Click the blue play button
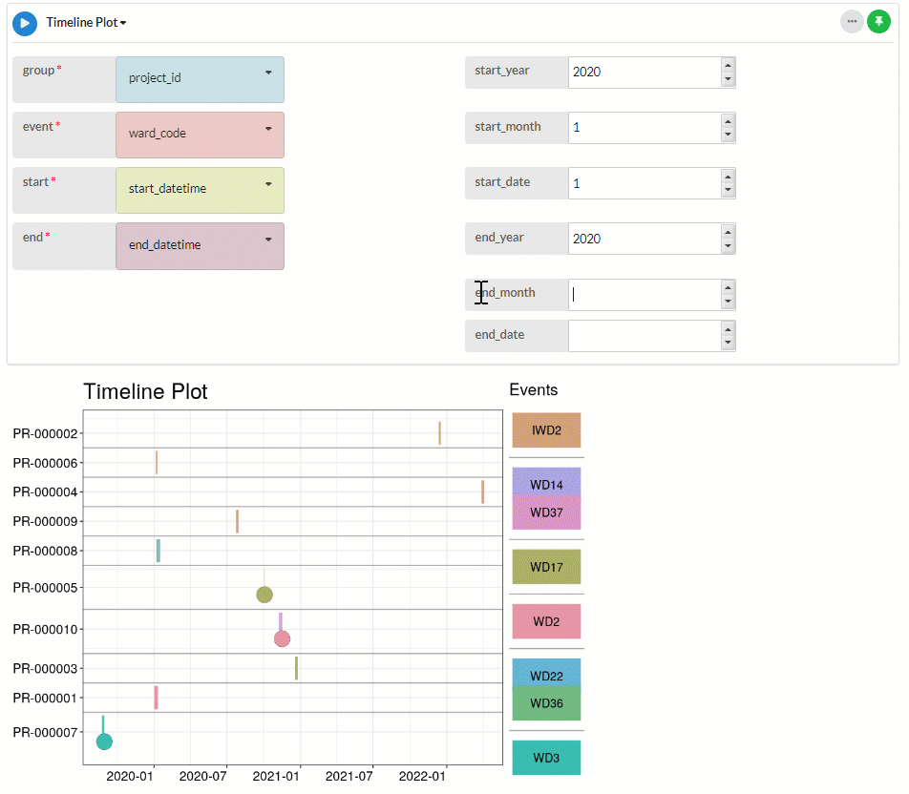click(25, 22)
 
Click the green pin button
click(878, 21)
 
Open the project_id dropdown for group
click(200, 79)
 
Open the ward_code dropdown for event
click(200, 135)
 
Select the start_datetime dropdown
click(200, 190)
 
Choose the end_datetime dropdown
click(200, 246)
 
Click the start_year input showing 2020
click(644, 73)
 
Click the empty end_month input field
click(644, 295)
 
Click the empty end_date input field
click(644, 335)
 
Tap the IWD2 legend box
click(546, 430)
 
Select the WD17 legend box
click(546, 567)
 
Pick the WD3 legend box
click(546, 758)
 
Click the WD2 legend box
click(546, 621)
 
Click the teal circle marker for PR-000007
click(104, 742)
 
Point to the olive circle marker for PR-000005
click(264, 595)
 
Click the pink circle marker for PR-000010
click(282, 638)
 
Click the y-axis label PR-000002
click(46, 434)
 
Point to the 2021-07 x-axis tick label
click(349, 777)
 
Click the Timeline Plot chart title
click(145, 391)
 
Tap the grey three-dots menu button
click(852, 21)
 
